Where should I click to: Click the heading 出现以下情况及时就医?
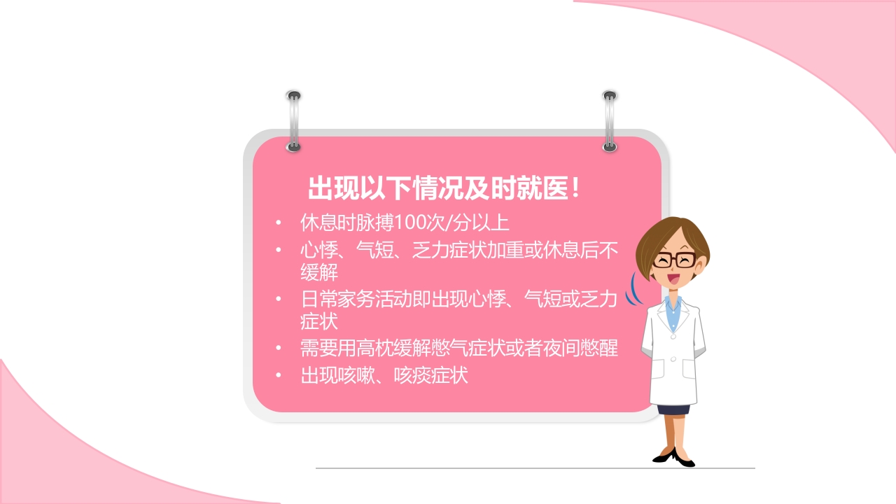[x=444, y=188]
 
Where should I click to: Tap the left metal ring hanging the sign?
[x=293, y=120]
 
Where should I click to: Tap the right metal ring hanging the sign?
[x=610, y=120]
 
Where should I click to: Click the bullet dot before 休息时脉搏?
[x=279, y=223]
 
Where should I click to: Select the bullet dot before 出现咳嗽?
[x=279, y=376]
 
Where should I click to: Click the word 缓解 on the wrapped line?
[x=319, y=271]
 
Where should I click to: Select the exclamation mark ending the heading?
[x=575, y=188]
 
